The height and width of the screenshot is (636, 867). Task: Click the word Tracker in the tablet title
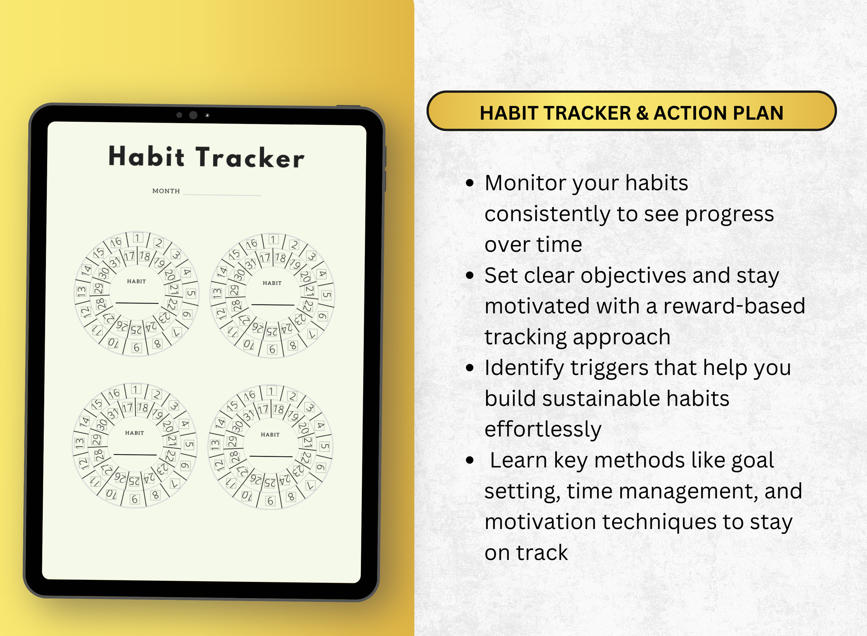click(x=250, y=158)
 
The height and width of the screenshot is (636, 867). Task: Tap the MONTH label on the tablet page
click(x=166, y=191)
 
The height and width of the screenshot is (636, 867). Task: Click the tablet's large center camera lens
click(x=193, y=115)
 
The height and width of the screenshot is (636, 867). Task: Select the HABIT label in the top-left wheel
click(x=136, y=281)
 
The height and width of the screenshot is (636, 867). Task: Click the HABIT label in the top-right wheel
click(x=272, y=283)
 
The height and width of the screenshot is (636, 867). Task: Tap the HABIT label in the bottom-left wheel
click(x=134, y=433)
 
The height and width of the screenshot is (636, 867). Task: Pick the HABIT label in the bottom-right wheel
click(x=270, y=435)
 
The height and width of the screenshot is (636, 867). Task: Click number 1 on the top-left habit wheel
click(x=138, y=238)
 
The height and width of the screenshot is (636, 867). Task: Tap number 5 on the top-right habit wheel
click(x=327, y=295)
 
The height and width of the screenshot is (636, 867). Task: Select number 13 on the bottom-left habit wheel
click(x=80, y=443)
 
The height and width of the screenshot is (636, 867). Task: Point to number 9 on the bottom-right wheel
click(x=270, y=501)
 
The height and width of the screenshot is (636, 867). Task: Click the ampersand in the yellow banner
click(x=642, y=113)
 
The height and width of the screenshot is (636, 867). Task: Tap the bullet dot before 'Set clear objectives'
click(x=470, y=275)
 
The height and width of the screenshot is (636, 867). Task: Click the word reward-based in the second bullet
click(x=734, y=306)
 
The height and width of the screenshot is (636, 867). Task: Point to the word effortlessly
click(x=543, y=429)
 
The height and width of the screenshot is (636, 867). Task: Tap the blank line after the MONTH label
click(x=221, y=194)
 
